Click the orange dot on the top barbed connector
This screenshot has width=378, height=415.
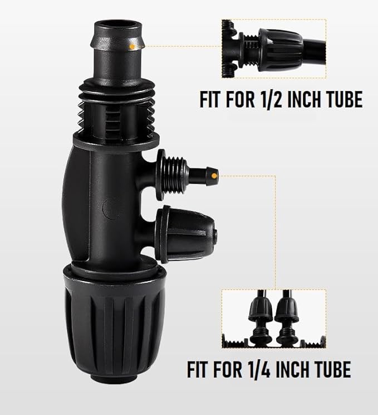(130, 47)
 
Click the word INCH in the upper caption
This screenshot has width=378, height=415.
(305, 100)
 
